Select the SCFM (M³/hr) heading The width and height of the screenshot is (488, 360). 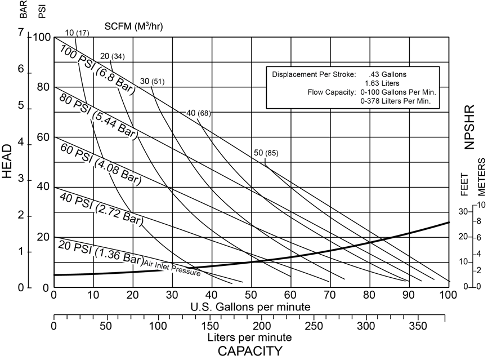coord(133,26)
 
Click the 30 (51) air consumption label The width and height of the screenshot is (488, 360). coord(152,82)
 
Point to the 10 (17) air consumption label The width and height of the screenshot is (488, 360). coord(77,32)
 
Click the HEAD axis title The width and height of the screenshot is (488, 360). coord(7,161)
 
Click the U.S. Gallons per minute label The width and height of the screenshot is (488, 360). coord(250,306)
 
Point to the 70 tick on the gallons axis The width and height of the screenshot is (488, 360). coord(329,294)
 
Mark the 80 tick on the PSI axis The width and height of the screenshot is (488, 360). coord(43,88)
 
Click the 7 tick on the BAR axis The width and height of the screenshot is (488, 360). coord(22,34)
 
